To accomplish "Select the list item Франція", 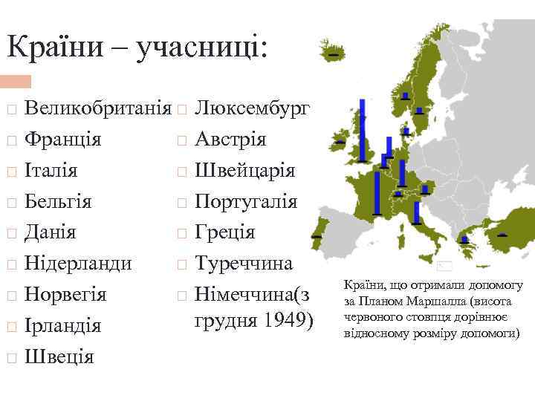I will (63, 140).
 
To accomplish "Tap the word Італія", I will (51, 171).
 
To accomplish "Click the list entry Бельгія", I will (57, 202).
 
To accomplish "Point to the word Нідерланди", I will (78, 264).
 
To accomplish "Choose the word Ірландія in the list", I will (62, 326).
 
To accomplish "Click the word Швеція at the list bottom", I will (59, 357).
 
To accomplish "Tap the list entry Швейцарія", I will (244, 171).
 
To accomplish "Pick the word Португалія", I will (246, 202).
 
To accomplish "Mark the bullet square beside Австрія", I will (181, 140).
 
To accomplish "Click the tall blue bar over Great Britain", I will (362, 130).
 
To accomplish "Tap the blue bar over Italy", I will (417, 212).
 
